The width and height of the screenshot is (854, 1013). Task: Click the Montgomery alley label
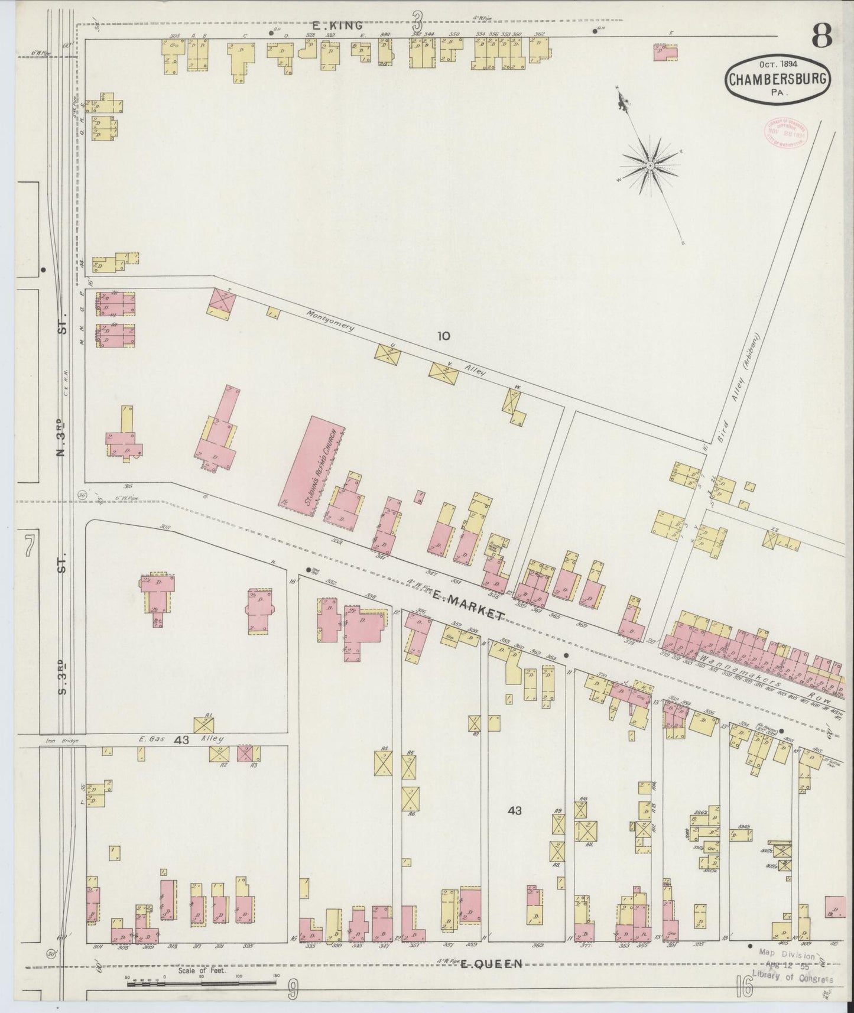coord(330,319)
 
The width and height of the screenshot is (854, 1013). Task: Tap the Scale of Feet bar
coord(201,983)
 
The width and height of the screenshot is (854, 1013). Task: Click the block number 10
coord(443,336)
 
